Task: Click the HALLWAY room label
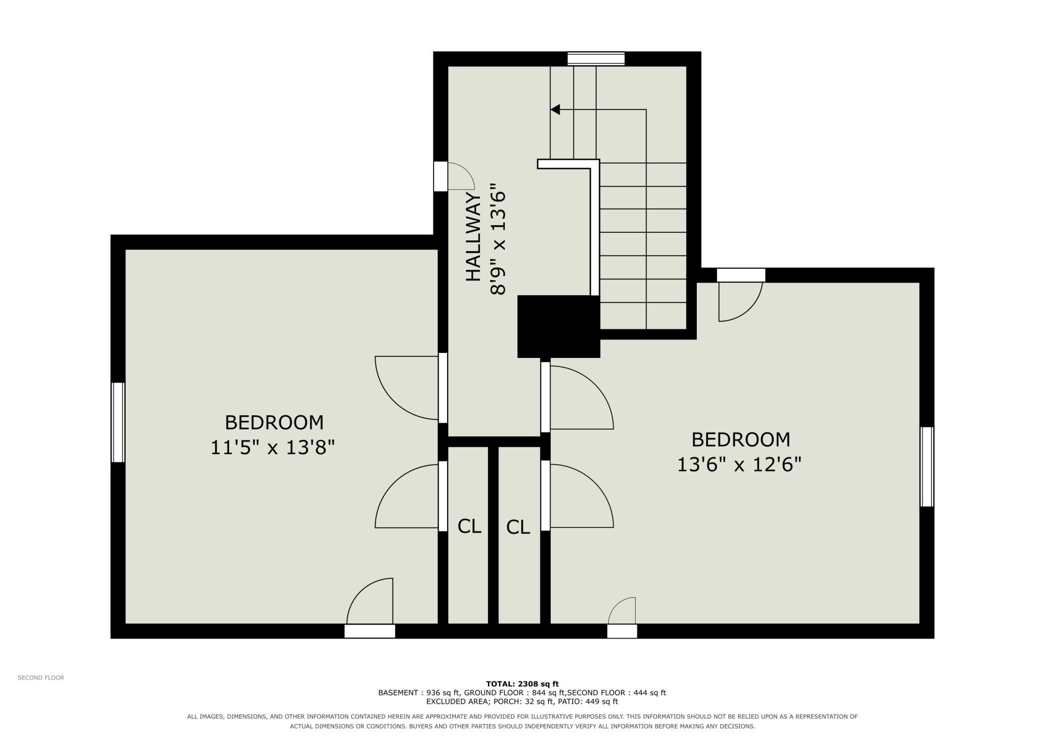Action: tap(473, 237)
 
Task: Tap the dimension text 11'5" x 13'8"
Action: tap(272, 447)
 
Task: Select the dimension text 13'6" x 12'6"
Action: tap(739, 465)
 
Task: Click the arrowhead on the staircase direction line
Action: tap(555, 109)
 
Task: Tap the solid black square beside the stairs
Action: tap(559, 326)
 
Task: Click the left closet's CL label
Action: tap(469, 526)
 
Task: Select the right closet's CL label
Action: tap(518, 527)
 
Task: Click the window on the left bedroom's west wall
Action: tap(118, 422)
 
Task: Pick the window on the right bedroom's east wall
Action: tap(927, 467)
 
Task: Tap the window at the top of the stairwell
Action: tap(596, 59)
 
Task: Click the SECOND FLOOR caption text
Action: tap(41, 678)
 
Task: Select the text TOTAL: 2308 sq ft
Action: tap(522, 684)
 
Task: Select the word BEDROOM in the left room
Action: tap(274, 422)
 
